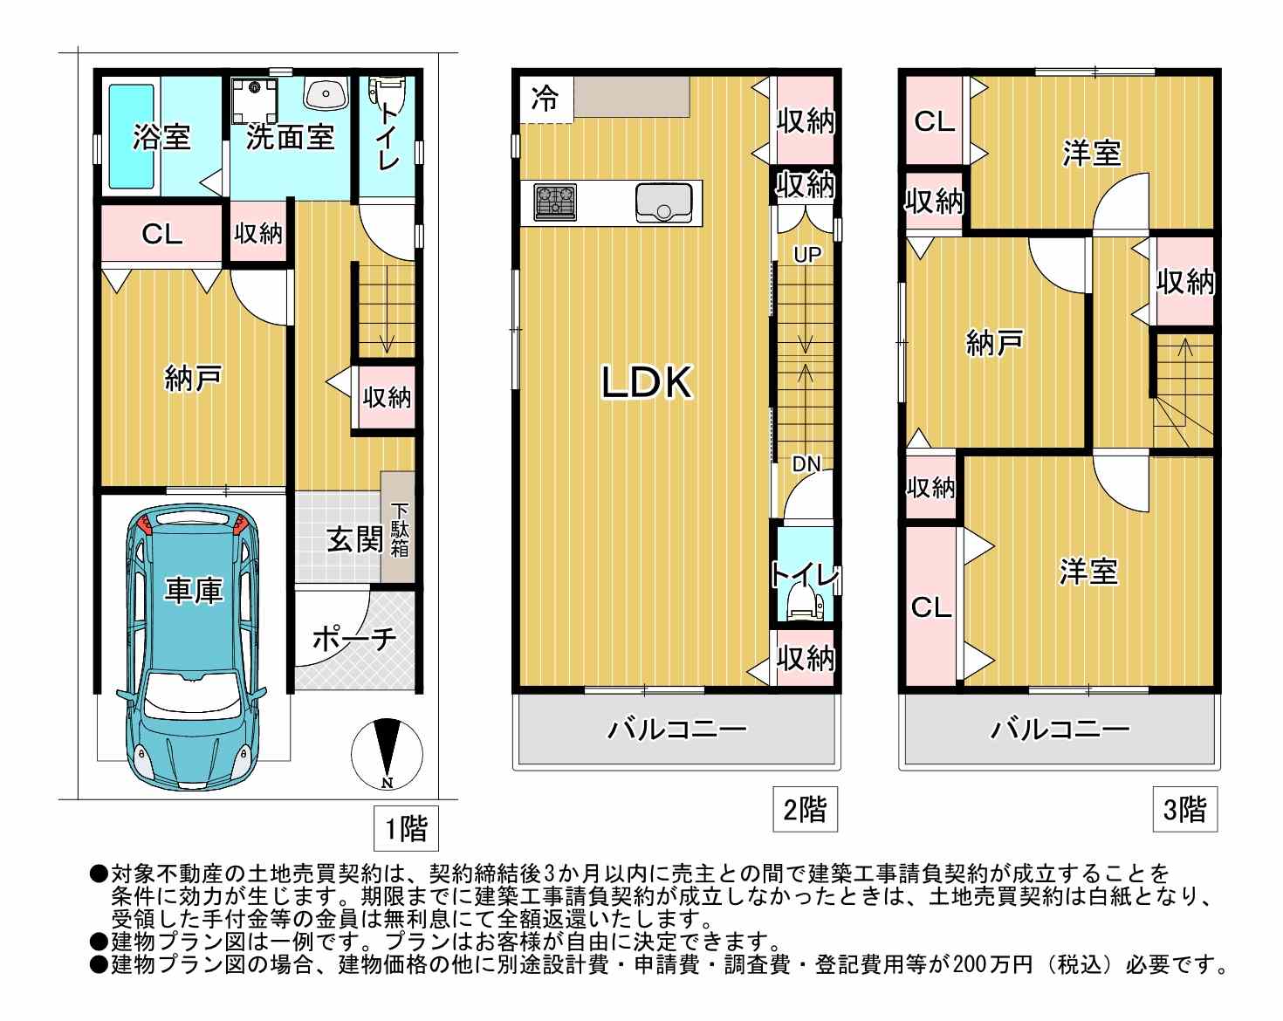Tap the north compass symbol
pos(387,754)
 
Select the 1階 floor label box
pos(406,828)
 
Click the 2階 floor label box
pos(805,810)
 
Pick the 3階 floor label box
pos(1184,810)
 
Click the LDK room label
pos(647,382)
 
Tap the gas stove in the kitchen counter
pos(555,202)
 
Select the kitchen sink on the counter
pos(663,202)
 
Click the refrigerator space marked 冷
pos(545,99)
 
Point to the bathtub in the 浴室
pos(132,137)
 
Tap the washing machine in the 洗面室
pos(255,99)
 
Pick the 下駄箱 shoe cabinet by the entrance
pos(398,527)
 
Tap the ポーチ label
pos(354,640)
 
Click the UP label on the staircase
pos(807,255)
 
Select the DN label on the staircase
pos(806,463)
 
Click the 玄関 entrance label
pos(354,539)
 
